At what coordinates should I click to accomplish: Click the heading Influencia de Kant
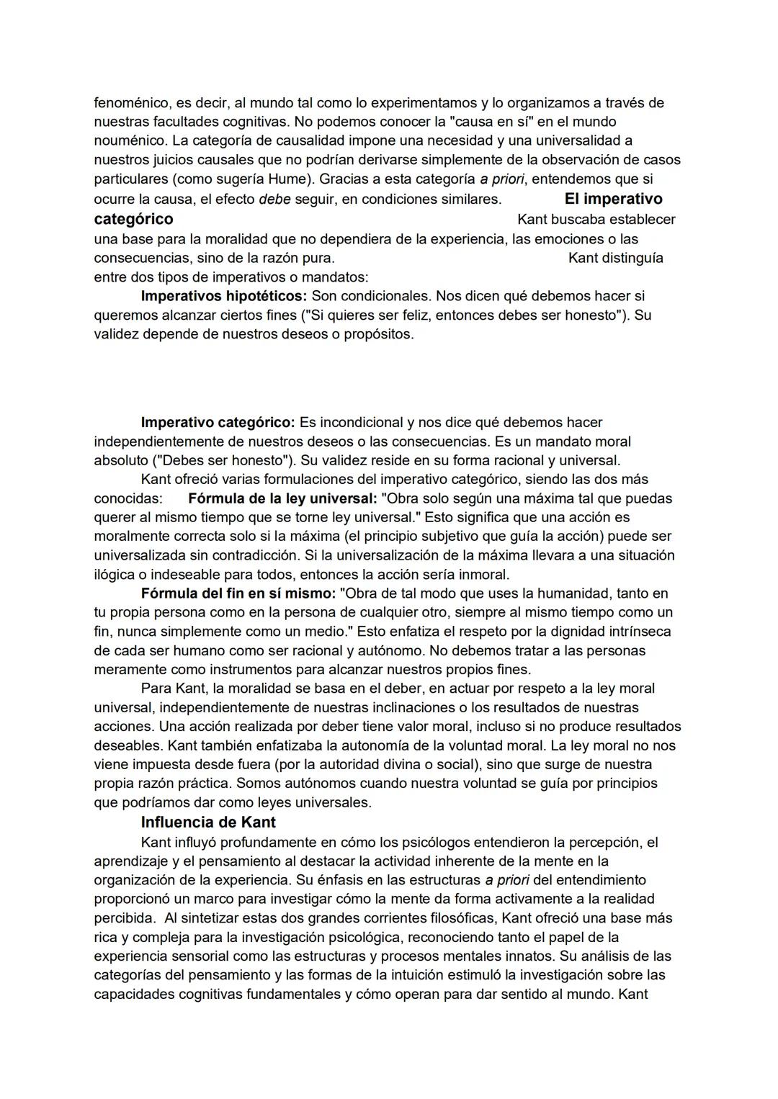click(x=208, y=822)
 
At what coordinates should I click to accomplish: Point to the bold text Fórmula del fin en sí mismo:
click(x=238, y=593)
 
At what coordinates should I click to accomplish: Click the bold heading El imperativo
click(x=613, y=199)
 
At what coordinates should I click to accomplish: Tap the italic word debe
click(x=274, y=199)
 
